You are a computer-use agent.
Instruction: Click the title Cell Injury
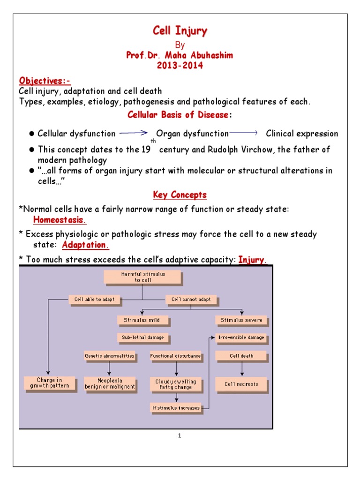click(x=180, y=31)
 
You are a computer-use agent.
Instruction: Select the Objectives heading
click(x=45, y=80)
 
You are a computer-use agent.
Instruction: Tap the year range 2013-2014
click(x=180, y=65)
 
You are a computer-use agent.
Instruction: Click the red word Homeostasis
click(x=60, y=220)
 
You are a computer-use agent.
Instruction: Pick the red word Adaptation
click(x=85, y=245)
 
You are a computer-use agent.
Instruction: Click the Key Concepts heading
click(x=180, y=195)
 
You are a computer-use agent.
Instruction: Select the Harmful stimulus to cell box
click(x=143, y=277)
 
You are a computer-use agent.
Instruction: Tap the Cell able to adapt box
click(x=95, y=299)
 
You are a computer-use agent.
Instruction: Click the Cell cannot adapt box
click(x=191, y=299)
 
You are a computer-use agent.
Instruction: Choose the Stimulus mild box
click(x=142, y=320)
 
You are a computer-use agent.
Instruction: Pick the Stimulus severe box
click(x=242, y=320)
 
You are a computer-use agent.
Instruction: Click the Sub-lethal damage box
click(x=143, y=337)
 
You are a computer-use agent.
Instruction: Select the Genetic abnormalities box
click(x=110, y=356)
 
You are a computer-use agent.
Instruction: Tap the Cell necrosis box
click(x=241, y=384)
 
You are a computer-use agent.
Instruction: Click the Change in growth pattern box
click(x=49, y=383)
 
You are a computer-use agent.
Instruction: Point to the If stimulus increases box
click(x=176, y=407)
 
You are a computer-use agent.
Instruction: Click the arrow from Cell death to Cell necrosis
click(x=242, y=368)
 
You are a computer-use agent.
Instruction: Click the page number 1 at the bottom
click(x=180, y=436)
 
